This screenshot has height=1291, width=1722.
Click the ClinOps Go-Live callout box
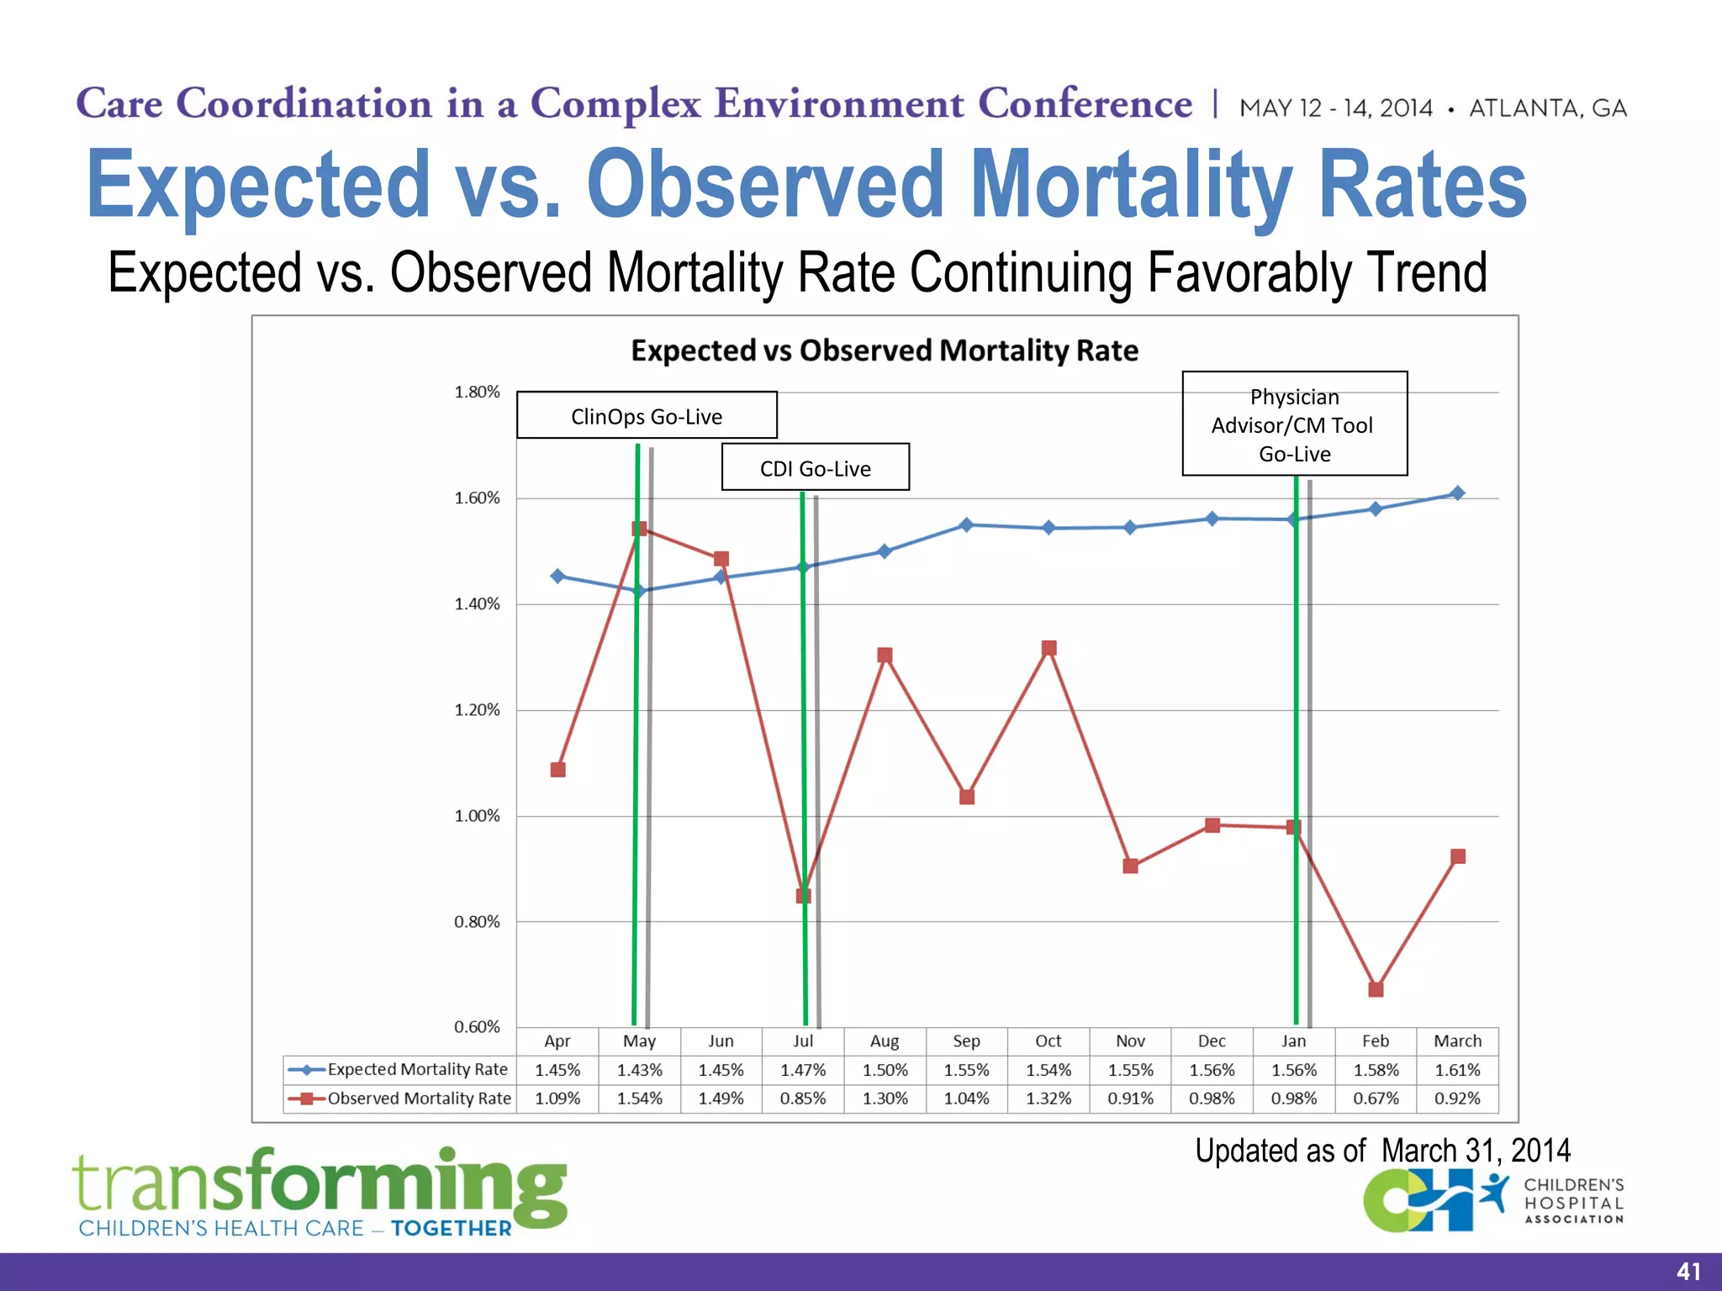pyautogui.click(x=646, y=415)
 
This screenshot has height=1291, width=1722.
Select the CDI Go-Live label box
pyautogui.click(x=815, y=467)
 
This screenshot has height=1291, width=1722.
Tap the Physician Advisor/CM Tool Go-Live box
pyautogui.click(x=1294, y=424)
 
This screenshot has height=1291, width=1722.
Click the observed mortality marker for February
pyautogui.click(x=1376, y=989)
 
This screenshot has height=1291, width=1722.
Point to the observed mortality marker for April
pyautogui.click(x=557, y=769)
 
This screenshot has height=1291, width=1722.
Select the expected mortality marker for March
pyautogui.click(x=1457, y=493)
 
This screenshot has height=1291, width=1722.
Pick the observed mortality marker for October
pyautogui.click(x=1049, y=648)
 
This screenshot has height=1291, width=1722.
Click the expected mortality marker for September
pyautogui.click(x=966, y=524)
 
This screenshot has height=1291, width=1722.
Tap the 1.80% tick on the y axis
pyautogui.click(x=477, y=393)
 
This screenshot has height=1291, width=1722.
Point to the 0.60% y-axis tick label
pyautogui.click(x=477, y=1027)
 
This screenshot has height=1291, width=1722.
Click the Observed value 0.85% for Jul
pyautogui.click(x=802, y=1099)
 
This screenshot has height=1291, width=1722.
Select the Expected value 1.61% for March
pyautogui.click(x=1457, y=1070)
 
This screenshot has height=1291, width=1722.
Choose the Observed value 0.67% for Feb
pyautogui.click(x=1376, y=1099)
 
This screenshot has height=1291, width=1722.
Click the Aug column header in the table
pyautogui.click(x=885, y=1041)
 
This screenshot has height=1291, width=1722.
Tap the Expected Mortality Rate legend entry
pyautogui.click(x=399, y=1070)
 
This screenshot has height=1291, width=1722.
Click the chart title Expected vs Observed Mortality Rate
pyautogui.click(x=885, y=350)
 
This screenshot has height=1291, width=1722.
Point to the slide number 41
pyautogui.click(x=1688, y=1272)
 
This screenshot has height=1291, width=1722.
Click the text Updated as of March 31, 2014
pyautogui.click(x=1382, y=1151)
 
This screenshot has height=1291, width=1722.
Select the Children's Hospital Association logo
pyautogui.click(x=1492, y=1202)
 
